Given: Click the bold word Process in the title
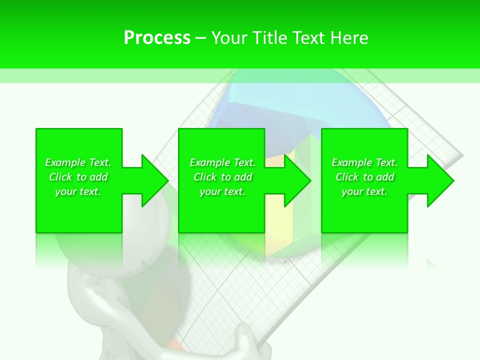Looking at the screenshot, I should click(x=157, y=38).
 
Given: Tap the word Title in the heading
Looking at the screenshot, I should click(x=269, y=38).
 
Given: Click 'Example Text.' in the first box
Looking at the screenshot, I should click(x=78, y=162).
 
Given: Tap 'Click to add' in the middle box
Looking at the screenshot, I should click(x=222, y=177).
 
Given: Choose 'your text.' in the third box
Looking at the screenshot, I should click(x=364, y=191).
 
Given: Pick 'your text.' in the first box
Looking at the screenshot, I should click(x=78, y=191).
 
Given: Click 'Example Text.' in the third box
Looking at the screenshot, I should click(x=364, y=162).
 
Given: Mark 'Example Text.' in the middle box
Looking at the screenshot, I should click(x=222, y=162).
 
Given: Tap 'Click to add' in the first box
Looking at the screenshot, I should click(x=78, y=177).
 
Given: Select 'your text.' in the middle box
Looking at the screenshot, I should click(x=222, y=191).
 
